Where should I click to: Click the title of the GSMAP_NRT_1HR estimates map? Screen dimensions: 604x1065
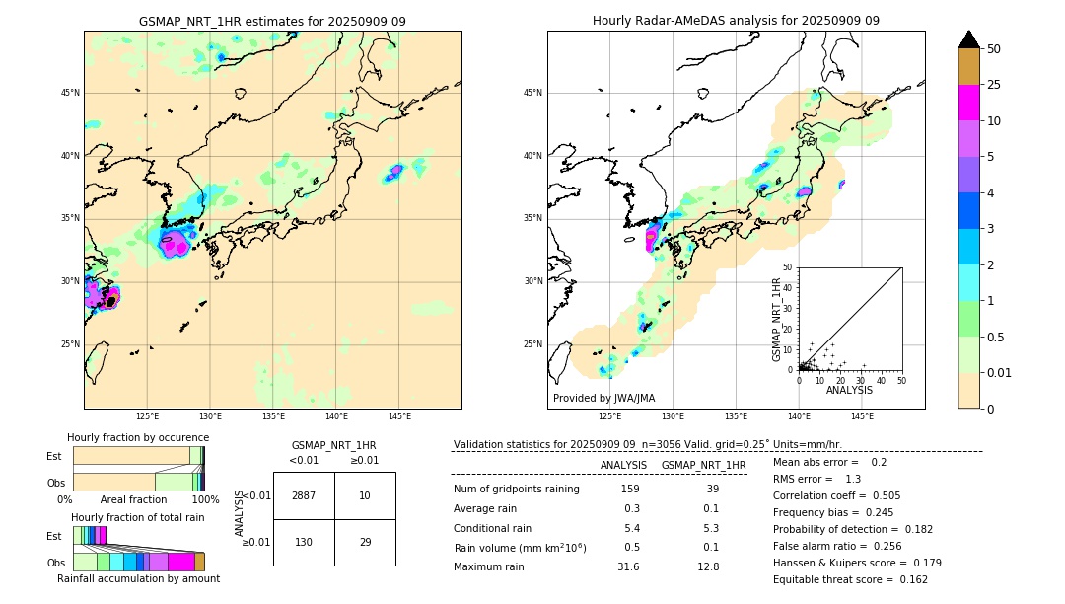pos(272,21)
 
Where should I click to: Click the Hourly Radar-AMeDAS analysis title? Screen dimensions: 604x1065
pos(736,21)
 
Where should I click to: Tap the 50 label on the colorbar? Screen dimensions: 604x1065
pos(994,48)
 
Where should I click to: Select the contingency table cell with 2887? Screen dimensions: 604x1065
pos(304,495)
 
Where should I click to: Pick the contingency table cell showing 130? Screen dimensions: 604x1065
pos(304,543)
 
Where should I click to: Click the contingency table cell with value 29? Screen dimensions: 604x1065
pos(365,543)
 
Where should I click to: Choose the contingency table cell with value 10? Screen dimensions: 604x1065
pos(365,495)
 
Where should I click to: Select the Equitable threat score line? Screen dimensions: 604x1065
pos(850,580)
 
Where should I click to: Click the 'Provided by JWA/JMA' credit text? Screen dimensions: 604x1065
pos(603,398)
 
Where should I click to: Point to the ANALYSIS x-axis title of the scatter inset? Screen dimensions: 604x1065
pos(849,390)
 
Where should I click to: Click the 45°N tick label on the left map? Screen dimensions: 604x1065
pos(70,93)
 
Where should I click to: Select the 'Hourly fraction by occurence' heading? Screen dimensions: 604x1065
pos(138,437)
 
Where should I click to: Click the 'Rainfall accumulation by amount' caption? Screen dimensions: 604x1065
pos(138,578)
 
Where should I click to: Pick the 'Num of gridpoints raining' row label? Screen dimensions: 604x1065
pos(517,489)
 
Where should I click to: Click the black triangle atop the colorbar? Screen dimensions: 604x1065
pos(969,39)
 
